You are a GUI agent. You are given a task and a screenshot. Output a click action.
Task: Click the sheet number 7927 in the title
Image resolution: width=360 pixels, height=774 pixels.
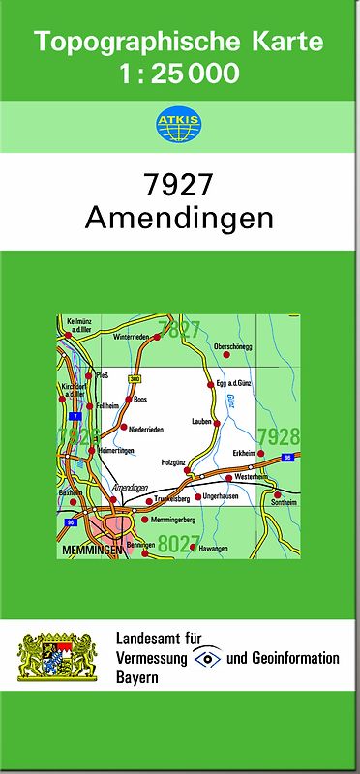click(x=179, y=183)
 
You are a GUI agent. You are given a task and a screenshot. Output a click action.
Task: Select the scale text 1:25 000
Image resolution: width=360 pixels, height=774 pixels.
click(x=179, y=73)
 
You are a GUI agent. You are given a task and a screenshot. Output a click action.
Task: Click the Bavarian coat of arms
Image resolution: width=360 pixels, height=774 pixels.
click(x=58, y=658)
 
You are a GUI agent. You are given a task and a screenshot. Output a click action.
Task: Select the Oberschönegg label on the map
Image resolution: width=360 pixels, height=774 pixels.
click(x=232, y=346)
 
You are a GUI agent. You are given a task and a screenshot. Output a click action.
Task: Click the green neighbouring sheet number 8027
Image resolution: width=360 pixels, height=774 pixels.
click(x=178, y=544)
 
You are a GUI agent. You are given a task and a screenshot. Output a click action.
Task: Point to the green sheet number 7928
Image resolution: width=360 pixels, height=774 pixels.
click(x=279, y=436)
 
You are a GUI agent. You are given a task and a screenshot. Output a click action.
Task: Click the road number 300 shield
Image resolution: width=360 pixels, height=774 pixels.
click(x=135, y=378)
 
